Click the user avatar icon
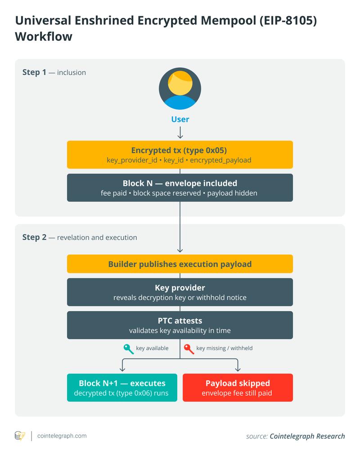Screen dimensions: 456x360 coord(180,89)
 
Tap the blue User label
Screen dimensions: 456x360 coord(180,119)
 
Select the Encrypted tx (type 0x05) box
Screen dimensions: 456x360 coord(180,155)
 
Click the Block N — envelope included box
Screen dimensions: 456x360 coord(180,188)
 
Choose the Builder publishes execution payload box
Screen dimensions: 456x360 coord(180,264)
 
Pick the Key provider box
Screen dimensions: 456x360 coord(180,292)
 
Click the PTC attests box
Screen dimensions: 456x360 coord(180,325)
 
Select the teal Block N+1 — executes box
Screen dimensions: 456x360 coord(122,388)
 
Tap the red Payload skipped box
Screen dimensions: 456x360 coord(238,388)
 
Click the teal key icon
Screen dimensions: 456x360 coord(128,349)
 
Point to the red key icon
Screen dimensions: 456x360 coord(189,349)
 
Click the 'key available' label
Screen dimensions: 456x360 coord(152,348)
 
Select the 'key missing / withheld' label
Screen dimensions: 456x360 coord(225,348)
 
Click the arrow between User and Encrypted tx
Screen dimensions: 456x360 coord(180,133)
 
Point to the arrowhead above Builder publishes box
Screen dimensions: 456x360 coord(180,250)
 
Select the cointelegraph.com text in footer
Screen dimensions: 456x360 coord(62,436)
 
